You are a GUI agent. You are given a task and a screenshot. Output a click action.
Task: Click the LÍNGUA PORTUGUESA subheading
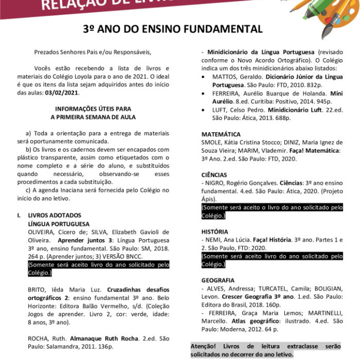tap(59, 224)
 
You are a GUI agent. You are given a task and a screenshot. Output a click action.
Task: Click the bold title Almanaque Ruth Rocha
tap(107, 338)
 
